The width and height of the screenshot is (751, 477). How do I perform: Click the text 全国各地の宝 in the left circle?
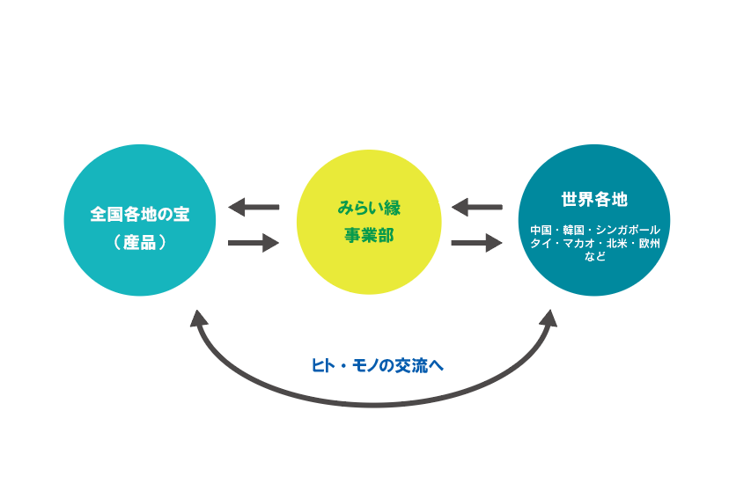coord(140,214)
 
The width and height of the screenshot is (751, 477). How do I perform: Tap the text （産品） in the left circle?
coord(140,242)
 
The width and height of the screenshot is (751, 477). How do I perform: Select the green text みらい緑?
coord(369,208)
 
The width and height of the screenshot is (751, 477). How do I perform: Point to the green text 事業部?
coord(369,235)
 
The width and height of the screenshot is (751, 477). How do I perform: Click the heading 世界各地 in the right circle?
coord(594,199)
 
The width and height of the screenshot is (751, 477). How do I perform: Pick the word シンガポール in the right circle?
coord(628,231)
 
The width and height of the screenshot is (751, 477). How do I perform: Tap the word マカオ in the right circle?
coord(578,243)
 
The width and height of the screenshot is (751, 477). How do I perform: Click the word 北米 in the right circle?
coord(617,243)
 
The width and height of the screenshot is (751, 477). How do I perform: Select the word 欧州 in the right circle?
coord(650,243)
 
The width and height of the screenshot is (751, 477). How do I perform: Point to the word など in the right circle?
coord(595,256)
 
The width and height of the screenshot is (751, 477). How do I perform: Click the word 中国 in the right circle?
coord(541,231)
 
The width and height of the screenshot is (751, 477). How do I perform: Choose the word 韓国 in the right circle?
coord(573,231)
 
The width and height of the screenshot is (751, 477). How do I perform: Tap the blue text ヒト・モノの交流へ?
coord(378,365)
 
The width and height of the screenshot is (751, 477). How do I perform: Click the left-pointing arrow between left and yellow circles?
coord(254,207)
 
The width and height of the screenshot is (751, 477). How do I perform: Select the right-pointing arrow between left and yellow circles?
coord(254,243)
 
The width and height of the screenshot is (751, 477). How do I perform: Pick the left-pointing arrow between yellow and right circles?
coord(476,207)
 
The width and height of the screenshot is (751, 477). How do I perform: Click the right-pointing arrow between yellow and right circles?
coord(476,243)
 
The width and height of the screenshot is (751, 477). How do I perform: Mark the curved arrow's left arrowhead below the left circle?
coord(198,318)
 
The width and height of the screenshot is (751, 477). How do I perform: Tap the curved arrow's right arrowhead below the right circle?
coord(549,318)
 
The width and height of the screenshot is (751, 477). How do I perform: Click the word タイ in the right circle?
coord(541,243)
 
